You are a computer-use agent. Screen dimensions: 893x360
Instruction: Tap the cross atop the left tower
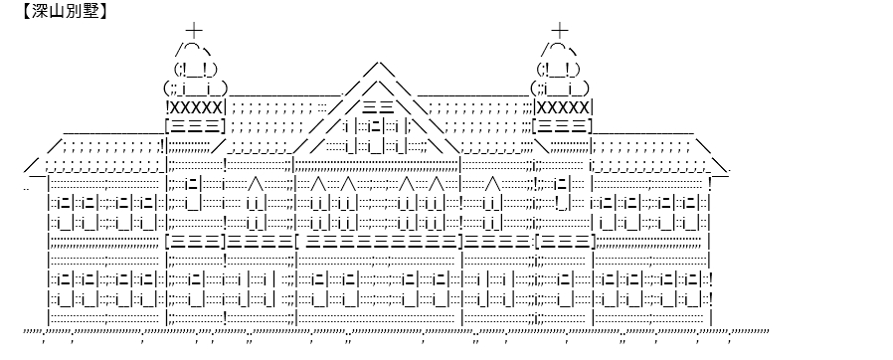194,30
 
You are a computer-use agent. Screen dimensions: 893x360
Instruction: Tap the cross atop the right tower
560,30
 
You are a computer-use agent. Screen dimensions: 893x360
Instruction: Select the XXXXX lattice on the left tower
195,107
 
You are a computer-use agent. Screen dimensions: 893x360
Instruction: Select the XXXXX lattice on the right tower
563,107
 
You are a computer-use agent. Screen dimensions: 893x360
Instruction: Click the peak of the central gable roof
378,62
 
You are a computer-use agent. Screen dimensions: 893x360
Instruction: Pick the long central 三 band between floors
381,242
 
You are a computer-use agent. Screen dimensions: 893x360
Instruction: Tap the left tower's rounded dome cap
195,49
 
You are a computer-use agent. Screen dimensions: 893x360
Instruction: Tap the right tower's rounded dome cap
559,49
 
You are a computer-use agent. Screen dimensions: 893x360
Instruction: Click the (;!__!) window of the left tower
195,70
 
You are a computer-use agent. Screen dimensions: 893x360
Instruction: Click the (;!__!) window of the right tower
558,70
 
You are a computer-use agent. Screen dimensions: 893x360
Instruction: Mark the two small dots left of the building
27,189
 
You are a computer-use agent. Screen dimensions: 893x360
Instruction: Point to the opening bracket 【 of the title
26,11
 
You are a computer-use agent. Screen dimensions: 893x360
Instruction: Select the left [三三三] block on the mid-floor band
195,242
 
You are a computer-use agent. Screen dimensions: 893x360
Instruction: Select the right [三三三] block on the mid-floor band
565,242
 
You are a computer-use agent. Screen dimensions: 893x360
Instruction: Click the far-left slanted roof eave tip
25,170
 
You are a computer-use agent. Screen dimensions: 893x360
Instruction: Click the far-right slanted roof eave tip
729,171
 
